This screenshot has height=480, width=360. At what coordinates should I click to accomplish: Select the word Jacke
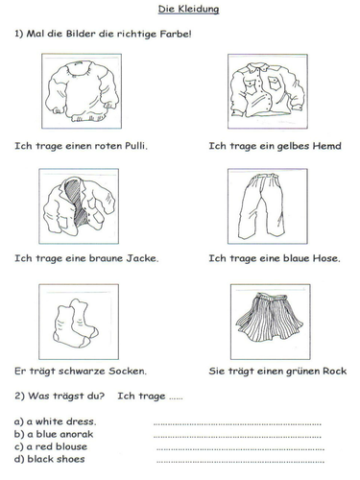(x=137, y=258)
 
